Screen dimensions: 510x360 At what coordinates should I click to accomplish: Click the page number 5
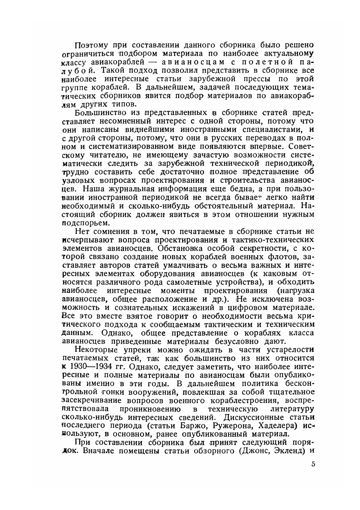click(x=313, y=464)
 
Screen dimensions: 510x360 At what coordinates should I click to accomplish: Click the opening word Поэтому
click(x=90, y=45)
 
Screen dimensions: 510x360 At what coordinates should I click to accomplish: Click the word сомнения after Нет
click(x=113, y=231)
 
